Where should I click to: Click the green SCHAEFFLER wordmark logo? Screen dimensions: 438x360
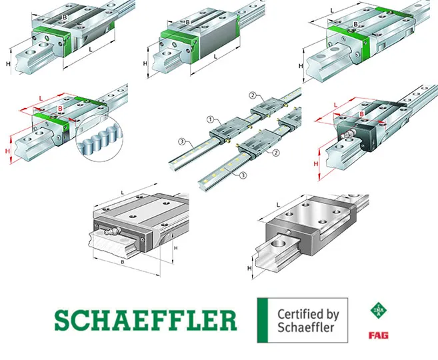tap(145, 320)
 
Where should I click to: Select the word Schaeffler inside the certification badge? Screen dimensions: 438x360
tap(306, 327)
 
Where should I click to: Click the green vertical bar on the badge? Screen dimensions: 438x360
tap(263, 320)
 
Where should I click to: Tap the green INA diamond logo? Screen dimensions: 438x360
tap(379, 310)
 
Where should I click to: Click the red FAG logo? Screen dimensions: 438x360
tap(378, 335)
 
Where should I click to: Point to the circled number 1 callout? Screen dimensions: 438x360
tap(211, 119)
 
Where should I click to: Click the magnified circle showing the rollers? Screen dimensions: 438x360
tap(99, 138)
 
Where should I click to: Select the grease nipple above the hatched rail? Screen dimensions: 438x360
tap(112, 231)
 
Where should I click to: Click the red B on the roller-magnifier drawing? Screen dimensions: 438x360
tap(60, 109)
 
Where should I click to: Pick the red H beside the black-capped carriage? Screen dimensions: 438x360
tap(315, 163)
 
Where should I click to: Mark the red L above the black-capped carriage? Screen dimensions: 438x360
tap(336, 105)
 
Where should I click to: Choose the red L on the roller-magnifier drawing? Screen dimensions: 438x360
tap(41, 98)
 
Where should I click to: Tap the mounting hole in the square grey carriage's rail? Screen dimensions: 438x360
tap(279, 243)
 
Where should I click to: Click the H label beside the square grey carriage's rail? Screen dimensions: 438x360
tap(249, 269)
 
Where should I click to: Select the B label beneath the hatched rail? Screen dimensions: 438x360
tap(122, 262)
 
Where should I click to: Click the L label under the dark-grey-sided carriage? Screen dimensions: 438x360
tap(215, 57)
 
